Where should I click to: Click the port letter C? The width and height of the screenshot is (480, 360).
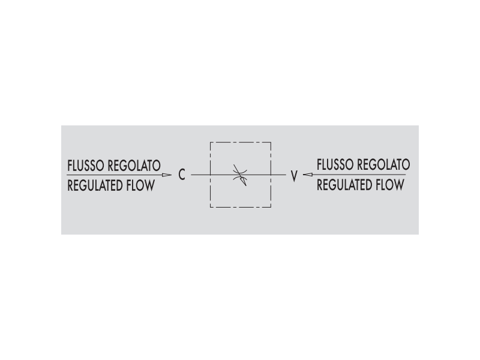(182, 175)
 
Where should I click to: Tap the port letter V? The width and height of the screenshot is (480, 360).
(294, 176)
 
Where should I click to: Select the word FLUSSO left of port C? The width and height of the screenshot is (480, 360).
(86, 166)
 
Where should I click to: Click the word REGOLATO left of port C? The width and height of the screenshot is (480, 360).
(134, 166)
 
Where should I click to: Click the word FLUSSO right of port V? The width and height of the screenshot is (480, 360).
(335, 164)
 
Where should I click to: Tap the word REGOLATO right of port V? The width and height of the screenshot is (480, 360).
(384, 164)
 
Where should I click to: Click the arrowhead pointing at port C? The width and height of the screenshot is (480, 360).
(167, 175)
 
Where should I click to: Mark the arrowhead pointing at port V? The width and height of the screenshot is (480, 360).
(308, 175)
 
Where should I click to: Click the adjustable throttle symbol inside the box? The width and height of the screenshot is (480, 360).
(240, 175)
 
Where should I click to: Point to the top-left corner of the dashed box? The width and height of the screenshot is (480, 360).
(211, 142)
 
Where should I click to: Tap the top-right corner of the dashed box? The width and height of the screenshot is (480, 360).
(271, 142)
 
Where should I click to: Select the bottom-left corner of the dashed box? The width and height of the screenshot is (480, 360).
(211, 207)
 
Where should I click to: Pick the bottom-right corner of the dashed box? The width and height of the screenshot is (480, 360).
(271, 207)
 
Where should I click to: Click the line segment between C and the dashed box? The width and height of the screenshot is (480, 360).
(201, 175)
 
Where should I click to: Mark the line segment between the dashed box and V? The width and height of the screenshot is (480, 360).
(278, 175)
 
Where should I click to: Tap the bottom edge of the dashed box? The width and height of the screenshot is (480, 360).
(241, 207)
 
